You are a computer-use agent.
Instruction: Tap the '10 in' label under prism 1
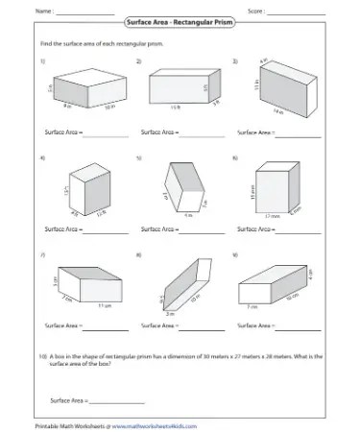coord(108,110)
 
